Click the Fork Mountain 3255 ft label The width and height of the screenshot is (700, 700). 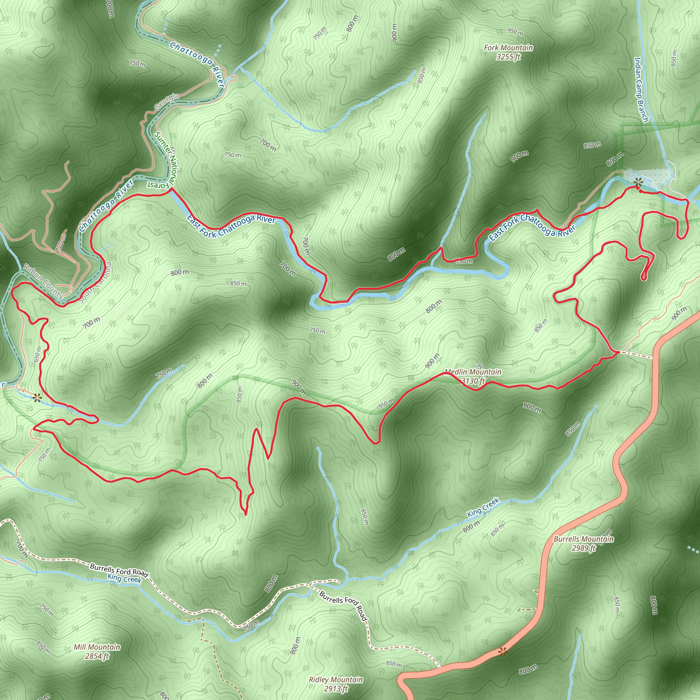(x=508, y=52)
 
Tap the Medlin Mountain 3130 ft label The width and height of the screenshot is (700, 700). (x=473, y=376)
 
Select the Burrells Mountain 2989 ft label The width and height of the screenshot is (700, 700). (x=583, y=543)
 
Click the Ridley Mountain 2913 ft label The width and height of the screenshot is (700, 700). (x=336, y=684)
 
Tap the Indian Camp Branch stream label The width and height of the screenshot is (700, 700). (x=641, y=90)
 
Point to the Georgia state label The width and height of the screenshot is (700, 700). (x=167, y=102)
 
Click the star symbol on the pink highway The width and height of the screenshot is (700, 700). (x=502, y=652)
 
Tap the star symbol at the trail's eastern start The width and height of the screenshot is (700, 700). (x=638, y=181)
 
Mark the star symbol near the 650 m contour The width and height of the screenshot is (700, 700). (x=37, y=398)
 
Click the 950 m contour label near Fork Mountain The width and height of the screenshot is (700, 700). (x=515, y=32)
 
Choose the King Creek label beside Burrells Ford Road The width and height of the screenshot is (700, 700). (x=124, y=579)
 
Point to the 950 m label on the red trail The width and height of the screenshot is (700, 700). (x=386, y=404)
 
